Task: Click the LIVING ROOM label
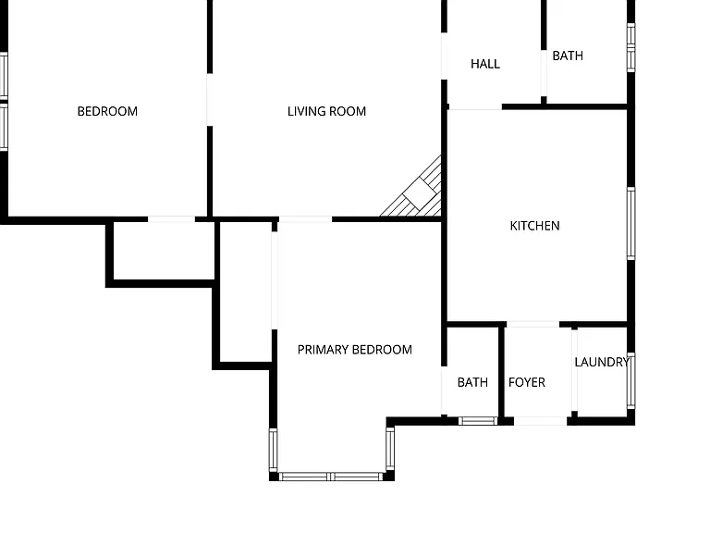click(x=326, y=111)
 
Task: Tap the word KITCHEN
click(x=534, y=226)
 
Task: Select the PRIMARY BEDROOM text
click(x=355, y=350)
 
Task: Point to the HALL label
click(x=485, y=64)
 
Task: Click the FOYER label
click(x=527, y=382)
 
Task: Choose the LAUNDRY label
click(x=602, y=362)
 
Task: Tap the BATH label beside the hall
click(x=568, y=56)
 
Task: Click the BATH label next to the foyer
click(x=472, y=382)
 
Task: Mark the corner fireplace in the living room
click(x=415, y=191)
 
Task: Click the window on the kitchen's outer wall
click(x=630, y=223)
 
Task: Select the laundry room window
click(x=630, y=381)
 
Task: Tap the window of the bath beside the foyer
click(x=478, y=421)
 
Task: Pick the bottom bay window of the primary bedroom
click(x=331, y=477)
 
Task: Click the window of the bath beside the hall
click(x=630, y=47)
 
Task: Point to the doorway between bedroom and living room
click(x=210, y=100)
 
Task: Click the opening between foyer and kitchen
click(x=532, y=325)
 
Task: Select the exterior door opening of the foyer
click(x=540, y=421)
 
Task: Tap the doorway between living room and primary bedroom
click(x=305, y=219)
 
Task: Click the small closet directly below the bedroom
click(x=164, y=251)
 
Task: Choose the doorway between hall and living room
click(x=444, y=56)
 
